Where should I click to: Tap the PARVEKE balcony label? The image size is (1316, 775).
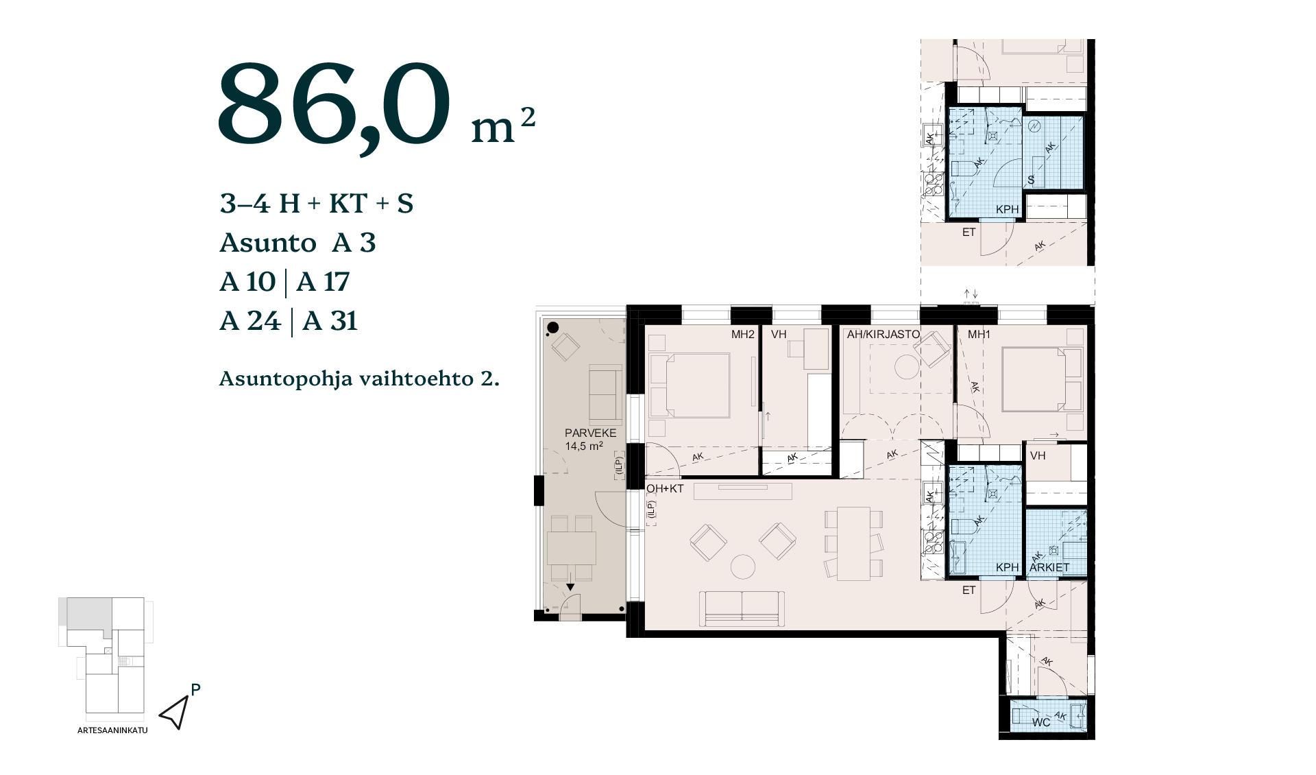pos(590,433)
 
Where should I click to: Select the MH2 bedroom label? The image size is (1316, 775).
pos(743,335)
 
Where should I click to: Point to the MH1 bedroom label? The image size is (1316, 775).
pos(979,335)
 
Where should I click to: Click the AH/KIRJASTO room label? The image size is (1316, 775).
pos(883,335)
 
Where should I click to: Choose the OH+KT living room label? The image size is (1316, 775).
pos(665,488)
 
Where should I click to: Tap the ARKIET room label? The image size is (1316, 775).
pos(1049,567)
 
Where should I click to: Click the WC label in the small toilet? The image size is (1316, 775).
pos(1041,722)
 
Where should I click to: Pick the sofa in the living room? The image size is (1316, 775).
pos(742,608)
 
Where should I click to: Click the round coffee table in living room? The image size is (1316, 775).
pos(743,567)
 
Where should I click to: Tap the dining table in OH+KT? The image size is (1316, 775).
pos(853,543)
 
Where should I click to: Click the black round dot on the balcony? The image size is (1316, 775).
pos(553,328)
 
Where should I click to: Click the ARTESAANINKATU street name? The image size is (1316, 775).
pos(112,730)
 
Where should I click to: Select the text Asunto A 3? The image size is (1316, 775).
pos(297,243)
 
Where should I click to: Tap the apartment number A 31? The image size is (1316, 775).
pos(330,321)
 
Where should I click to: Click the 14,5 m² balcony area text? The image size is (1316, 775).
pos(584,446)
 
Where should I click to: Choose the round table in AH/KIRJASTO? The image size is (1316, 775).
pos(907,368)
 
